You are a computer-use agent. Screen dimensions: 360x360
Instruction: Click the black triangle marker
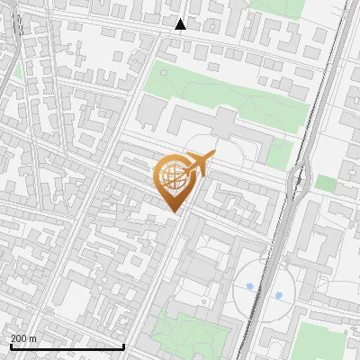click(181, 24)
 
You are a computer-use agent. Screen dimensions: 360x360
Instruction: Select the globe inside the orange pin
click(171, 175)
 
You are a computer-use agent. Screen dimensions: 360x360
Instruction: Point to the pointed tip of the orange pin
click(174, 211)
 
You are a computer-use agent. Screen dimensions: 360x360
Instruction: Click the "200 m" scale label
click(23, 338)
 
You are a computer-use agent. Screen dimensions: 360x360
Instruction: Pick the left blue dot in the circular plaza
click(249, 286)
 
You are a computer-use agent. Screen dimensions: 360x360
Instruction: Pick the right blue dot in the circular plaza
click(278, 294)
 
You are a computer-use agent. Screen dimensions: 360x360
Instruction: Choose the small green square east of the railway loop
click(325, 183)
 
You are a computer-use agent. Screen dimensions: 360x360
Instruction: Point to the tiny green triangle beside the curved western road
click(17, 69)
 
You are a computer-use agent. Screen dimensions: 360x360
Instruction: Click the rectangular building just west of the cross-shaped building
click(151, 112)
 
